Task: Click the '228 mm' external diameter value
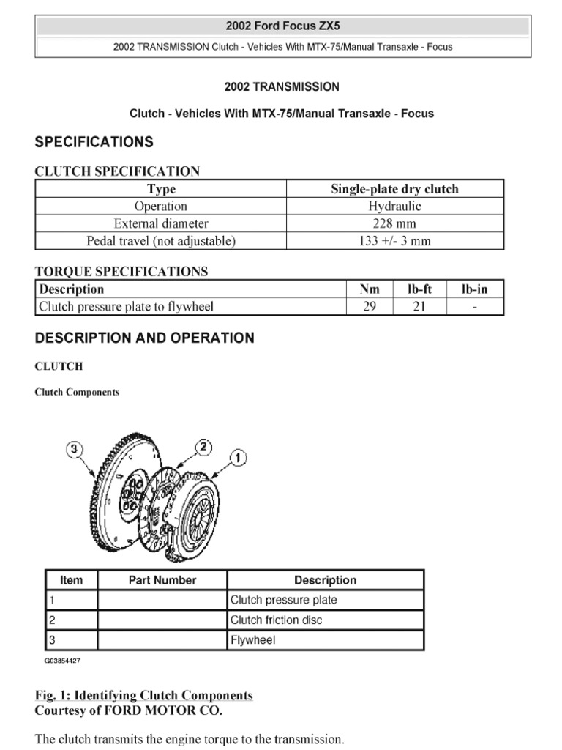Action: pyautogui.click(x=394, y=223)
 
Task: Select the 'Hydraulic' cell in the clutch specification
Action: pyautogui.click(x=394, y=207)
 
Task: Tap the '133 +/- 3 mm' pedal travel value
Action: pyautogui.click(x=394, y=241)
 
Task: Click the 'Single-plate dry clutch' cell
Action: pyautogui.click(x=394, y=189)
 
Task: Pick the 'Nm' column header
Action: pyautogui.click(x=370, y=289)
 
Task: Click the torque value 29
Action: pyautogui.click(x=370, y=307)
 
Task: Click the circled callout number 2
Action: pyautogui.click(x=205, y=447)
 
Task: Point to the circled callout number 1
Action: pyautogui.click(x=238, y=458)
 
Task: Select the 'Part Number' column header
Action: pyautogui.click(x=162, y=580)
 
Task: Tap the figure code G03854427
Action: pyautogui.click(x=62, y=661)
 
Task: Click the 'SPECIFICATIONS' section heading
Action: pyautogui.click(x=94, y=142)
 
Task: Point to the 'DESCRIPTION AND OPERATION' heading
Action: pyautogui.click(x=145, y=338)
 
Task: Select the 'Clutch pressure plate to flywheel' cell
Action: pyautogui.click(x=126, y=307)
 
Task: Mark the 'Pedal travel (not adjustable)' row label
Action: pyautogui.click(x=161, y=241)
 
